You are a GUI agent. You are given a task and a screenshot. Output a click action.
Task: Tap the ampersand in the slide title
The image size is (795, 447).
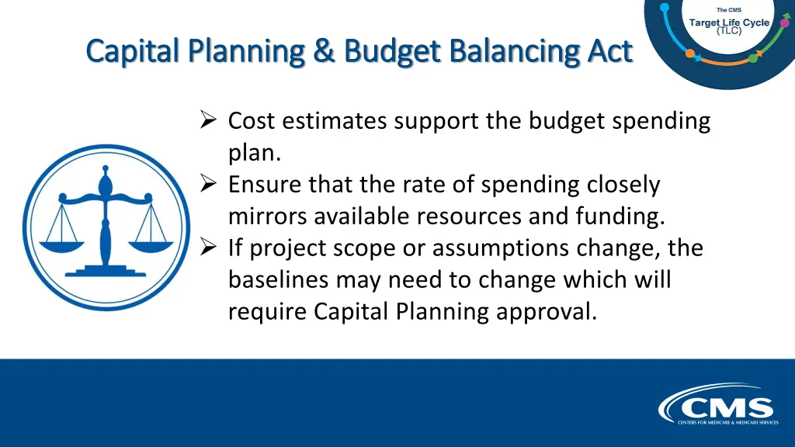coord(325,51)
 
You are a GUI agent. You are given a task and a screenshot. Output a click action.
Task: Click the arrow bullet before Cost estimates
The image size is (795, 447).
coord(207,120)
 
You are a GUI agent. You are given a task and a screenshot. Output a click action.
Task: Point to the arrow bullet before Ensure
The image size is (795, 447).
coord(207,184)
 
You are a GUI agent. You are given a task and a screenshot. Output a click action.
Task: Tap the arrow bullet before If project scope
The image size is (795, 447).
coord(207,248)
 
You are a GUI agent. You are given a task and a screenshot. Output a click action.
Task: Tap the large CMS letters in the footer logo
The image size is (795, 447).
coord(727,408)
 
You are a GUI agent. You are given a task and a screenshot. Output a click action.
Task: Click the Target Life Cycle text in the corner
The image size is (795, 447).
coord(729,23)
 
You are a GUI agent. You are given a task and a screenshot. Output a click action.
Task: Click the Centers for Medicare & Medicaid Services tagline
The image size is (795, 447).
coord(727,423)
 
